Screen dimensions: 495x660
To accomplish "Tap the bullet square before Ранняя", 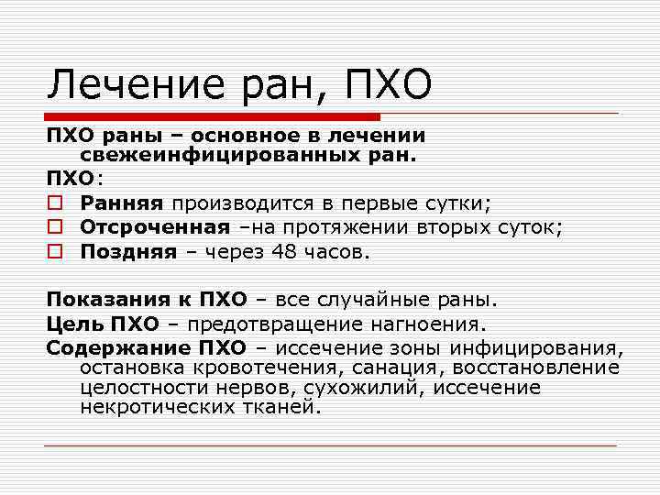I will (x=55, y=202).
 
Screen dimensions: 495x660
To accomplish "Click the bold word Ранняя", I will (x=121, y=202).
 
